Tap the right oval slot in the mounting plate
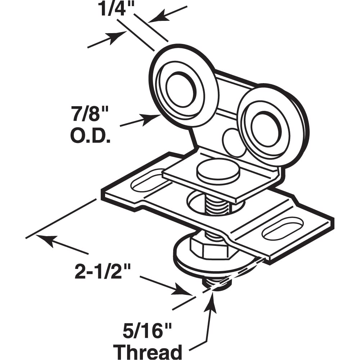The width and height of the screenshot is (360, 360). (282, 228)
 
